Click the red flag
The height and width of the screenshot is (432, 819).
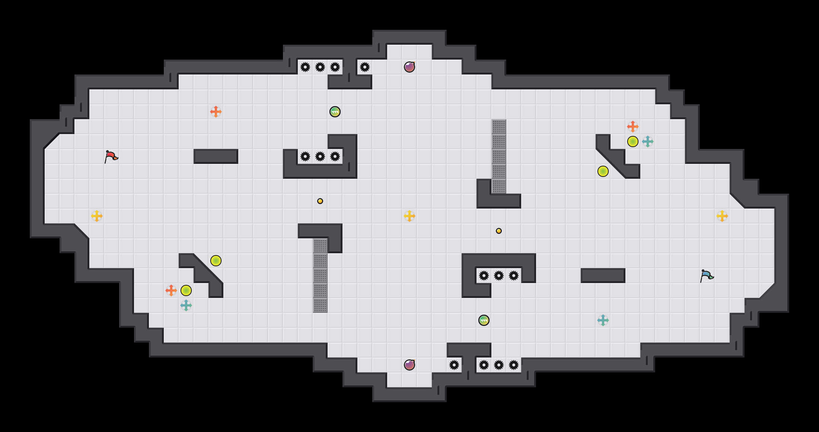(111, 157)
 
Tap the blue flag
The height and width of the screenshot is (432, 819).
(707, 276)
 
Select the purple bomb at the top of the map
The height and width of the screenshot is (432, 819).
(409, 67)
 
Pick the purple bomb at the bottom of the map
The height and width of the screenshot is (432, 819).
(409, 365)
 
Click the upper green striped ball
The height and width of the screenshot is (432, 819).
(335, 112)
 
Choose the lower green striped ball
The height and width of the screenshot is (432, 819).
(484, 320)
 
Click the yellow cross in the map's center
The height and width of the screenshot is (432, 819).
(409, 216)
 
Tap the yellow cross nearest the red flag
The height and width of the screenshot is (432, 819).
(97, 216)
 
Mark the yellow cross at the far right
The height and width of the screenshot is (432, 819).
(722, 216)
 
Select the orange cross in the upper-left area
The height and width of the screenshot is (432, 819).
(216, 112)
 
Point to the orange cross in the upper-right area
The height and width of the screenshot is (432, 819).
(633, 127)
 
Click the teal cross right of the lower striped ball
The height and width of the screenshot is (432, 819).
(603, 320)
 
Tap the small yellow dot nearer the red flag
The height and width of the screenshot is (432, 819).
(320, 201)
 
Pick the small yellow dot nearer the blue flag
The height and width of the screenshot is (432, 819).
(499, 231)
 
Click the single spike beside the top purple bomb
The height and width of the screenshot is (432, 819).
(365, 67)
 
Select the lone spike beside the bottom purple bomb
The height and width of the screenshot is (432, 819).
(454, 365)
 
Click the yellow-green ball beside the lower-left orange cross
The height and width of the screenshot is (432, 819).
(186, 290)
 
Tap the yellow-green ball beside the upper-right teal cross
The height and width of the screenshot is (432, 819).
(633, 142)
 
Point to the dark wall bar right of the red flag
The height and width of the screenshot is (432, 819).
(216, 156)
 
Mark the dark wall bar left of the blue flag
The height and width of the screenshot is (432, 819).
(603, 276)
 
